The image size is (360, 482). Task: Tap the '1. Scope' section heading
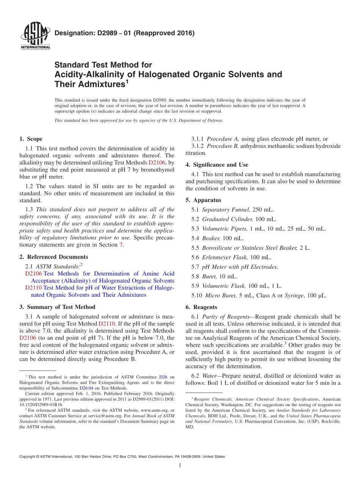(x=31, y=139)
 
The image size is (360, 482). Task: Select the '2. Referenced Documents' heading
(x=53, y=257)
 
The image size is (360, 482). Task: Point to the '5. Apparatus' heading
(x=203, y=200)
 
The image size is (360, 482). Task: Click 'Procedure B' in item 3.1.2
(x=222, y=146)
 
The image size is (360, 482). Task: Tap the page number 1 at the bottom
(x=180, y=466)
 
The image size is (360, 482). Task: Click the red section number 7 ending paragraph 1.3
(x=121, y=245)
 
